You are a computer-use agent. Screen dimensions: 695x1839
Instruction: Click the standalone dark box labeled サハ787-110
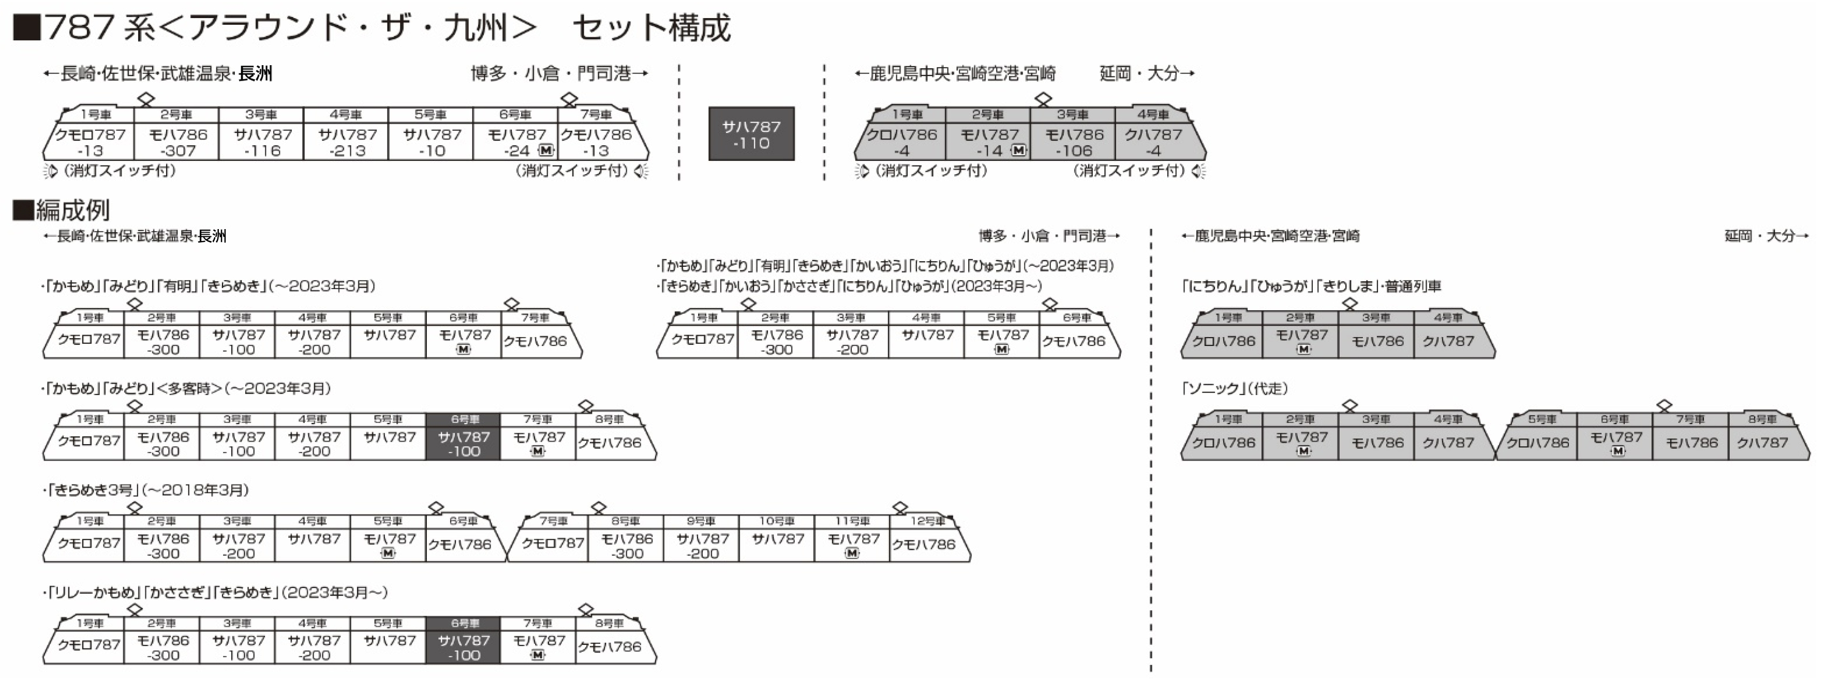[x=751, y=134]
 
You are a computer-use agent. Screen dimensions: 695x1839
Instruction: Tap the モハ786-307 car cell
[x=177, y=142]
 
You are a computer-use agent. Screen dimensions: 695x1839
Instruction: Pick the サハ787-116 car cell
[x=262, y=142]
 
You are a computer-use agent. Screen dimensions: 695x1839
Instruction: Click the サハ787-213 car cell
[x=347, y=142]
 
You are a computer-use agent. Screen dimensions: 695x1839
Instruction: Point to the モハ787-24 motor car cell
[x=516, y=142]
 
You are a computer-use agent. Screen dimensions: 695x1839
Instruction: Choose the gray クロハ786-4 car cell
[x=902, y=142]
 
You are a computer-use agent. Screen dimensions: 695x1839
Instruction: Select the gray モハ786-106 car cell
[x=1074, y=142]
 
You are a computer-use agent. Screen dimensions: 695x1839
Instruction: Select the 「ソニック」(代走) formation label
[x=1235, y=389]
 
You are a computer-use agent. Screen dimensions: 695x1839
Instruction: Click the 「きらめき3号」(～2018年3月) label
[x=146, y=490]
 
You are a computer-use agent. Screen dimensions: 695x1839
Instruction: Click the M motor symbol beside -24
[x=545, y=150]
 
